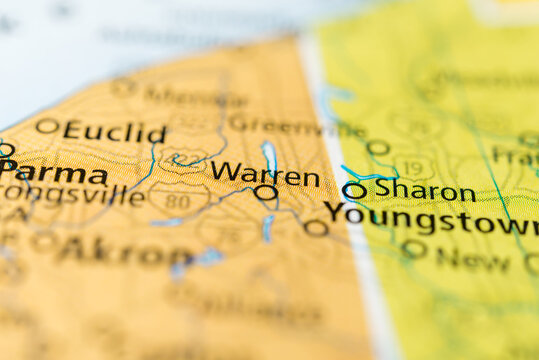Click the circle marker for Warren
pyautogui.click(x=265, y=192)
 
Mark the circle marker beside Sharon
pyautogui.click(x=353, y=190)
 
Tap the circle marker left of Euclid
pyautogui.click(x=46, y=126)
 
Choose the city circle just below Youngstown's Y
pyautogui.click(x=316, y=228)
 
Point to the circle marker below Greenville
pyautogui.click(x=377, y=148)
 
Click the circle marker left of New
pyautogui.click(x=413, y=248)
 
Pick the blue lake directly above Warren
pyautogui.click(x=269, y=154)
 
